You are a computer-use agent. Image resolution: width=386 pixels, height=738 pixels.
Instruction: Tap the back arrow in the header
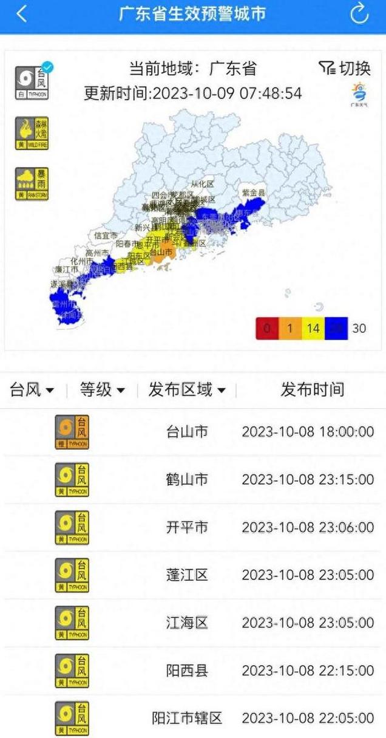click(22, 14)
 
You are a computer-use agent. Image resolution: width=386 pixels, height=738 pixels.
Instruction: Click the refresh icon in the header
click(360, 13)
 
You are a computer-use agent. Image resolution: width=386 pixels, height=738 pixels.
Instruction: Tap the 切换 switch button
click(345, 68)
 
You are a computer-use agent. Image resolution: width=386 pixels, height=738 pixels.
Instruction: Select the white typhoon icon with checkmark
click(32, 82)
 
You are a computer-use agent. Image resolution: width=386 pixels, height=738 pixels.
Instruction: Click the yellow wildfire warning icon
click(32, 134)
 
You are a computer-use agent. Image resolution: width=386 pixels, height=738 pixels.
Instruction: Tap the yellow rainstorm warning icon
click(32, 184)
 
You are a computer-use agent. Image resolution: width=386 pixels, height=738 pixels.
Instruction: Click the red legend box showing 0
click(267, 329)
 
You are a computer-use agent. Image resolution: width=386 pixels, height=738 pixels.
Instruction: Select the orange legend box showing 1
click(290, 329)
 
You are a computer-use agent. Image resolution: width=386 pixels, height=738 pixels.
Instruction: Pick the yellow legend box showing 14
click(313, 329)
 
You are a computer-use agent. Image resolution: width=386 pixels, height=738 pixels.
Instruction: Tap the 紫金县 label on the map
click(254, 193)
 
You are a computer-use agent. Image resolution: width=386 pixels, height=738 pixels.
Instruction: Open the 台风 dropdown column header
click(32, 389)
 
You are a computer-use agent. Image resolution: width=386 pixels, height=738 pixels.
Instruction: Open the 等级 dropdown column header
click(103, 389)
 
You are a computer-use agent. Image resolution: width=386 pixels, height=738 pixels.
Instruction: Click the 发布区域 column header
click(187, 389)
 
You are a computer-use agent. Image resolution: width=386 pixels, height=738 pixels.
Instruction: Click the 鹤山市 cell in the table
click(187, 480)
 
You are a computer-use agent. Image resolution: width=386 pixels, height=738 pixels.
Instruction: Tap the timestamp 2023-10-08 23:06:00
click(308, 527)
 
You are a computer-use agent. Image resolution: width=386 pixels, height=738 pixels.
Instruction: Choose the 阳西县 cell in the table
click(187, 671)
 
